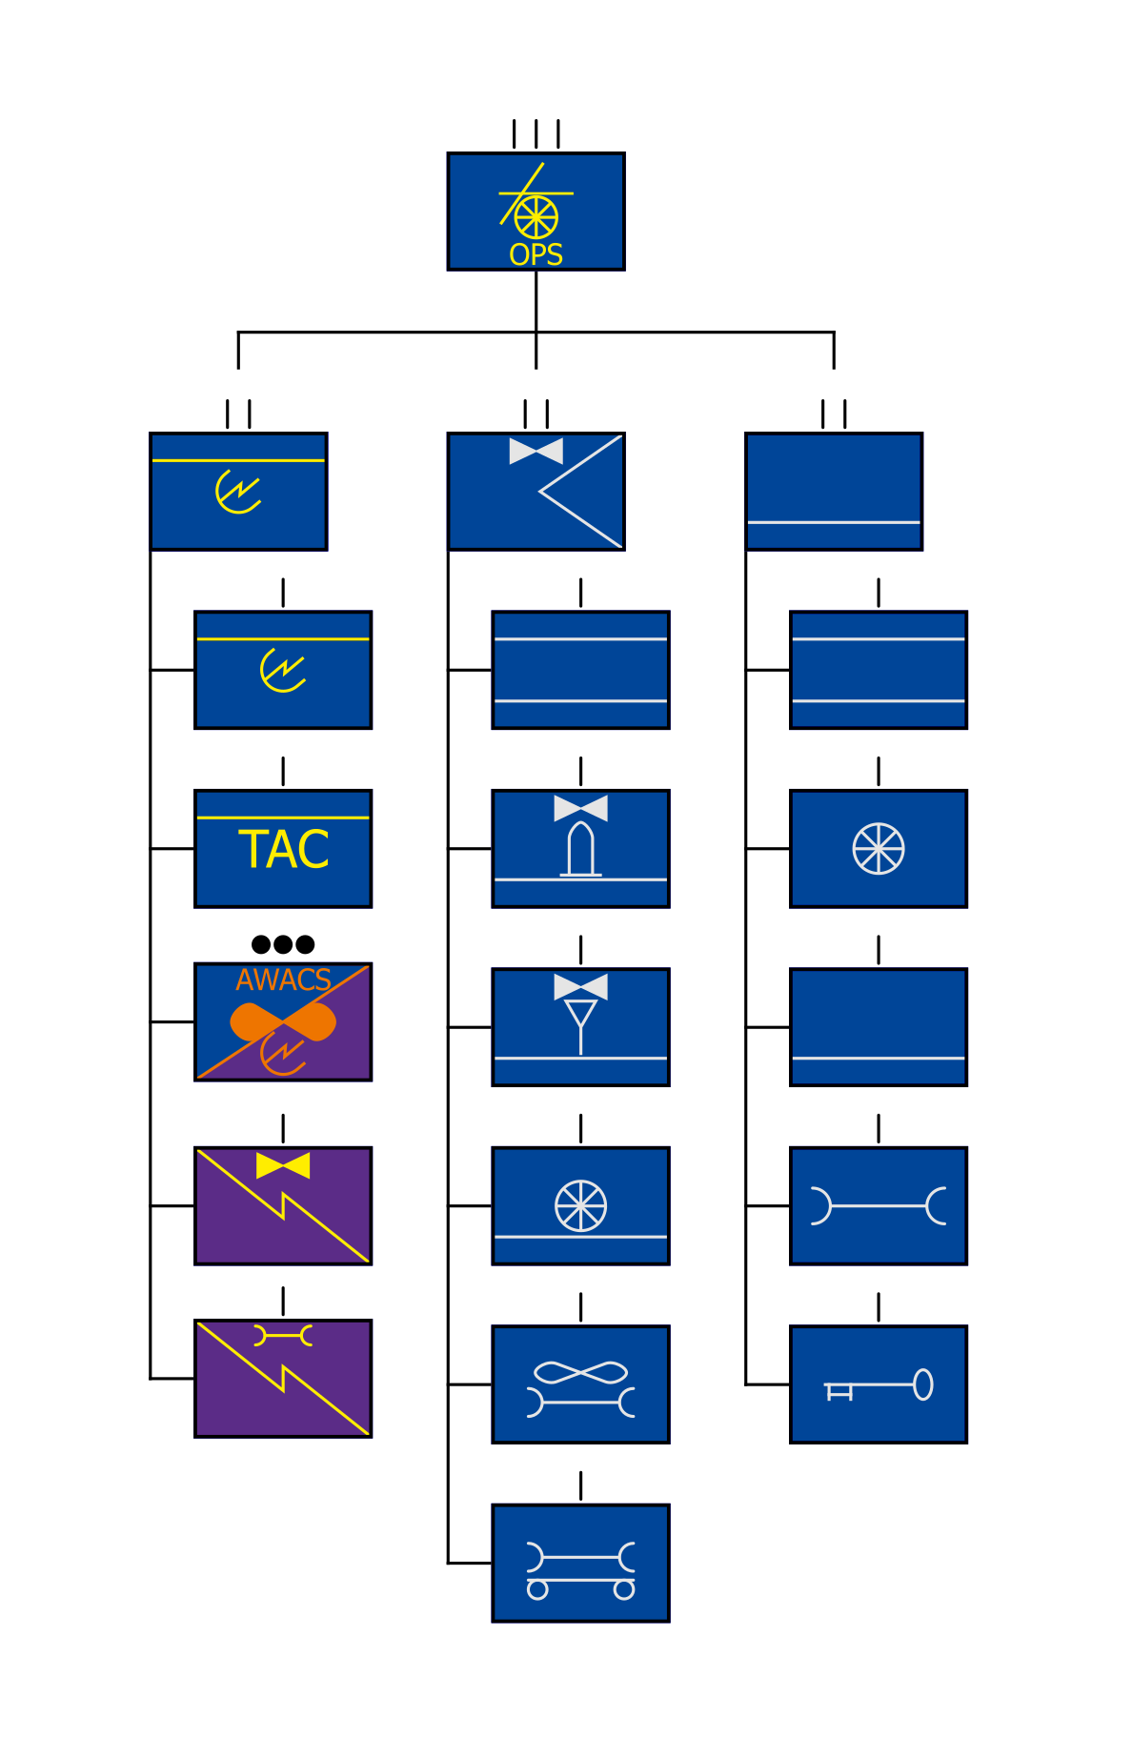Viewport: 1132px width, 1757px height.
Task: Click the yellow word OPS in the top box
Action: click(536, 254)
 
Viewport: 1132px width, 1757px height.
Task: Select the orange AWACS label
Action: click(283, 979)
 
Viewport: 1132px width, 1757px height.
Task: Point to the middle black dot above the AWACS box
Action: click(283, 944)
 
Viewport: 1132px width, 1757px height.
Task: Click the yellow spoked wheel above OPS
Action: click(536, 217)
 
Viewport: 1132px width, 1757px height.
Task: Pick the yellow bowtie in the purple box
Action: click(283, 1165)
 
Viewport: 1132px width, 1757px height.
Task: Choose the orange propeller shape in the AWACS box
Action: click(283, 1021)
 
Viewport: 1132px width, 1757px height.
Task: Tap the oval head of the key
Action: click(922, 1384)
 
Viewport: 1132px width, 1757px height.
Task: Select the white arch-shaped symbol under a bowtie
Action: click(580, 848)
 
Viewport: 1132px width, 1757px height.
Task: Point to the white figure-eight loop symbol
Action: click(580, 1373)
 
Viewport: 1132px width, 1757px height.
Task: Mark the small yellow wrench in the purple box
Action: click(283, 1337)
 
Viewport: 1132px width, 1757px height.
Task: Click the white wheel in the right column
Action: click(879, 848)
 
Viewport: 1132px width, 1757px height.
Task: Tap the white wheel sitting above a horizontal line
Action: click(580, 1205)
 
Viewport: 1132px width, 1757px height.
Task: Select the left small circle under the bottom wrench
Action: click(537, 1589)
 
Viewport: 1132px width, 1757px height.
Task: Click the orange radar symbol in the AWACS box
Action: click(282, 1054)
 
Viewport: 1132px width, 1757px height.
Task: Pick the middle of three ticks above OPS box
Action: click(536, 133)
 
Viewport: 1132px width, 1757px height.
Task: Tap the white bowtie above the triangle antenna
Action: click(580, 986)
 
